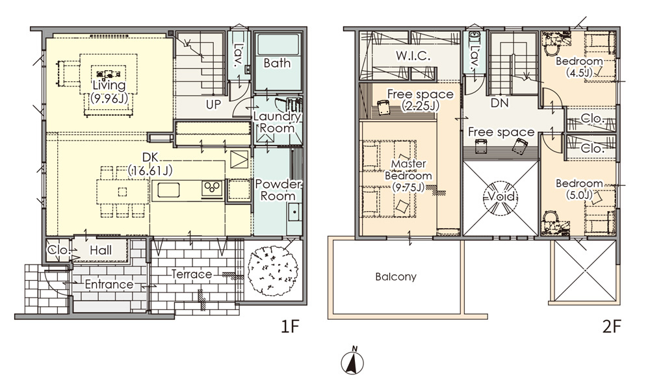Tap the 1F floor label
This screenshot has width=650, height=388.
(x=290, y=328)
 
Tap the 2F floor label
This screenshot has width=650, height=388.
(x=612, y=328)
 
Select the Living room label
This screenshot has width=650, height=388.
(x=109, y=92)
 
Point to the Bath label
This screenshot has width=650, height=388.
(x=277, y=63)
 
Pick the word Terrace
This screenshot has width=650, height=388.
(x=192, y=274)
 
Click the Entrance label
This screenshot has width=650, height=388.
(x=109, y=285)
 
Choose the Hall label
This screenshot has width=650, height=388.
(x=101, y=250)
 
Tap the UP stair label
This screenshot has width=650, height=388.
(x=213, y=105)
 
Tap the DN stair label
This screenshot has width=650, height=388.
(x=499, y=103)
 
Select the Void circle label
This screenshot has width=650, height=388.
(x=501, y=196)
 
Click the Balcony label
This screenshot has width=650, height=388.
(x=396, y=276)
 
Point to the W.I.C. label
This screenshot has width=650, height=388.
(x=413, y=56)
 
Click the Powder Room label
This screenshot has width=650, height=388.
(x=278, y=189)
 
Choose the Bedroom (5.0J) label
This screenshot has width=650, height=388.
(x=579, y=189)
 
